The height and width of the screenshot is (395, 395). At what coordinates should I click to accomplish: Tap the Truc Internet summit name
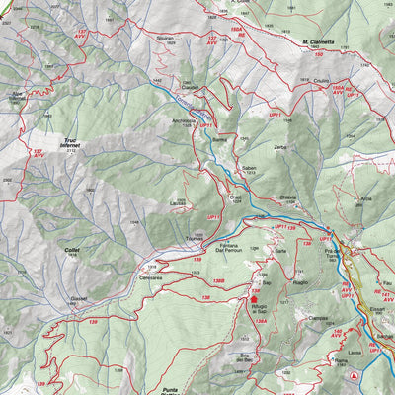point(69,143)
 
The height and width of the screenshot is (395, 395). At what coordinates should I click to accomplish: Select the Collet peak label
point(71,250)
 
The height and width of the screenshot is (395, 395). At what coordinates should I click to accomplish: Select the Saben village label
point(250,168)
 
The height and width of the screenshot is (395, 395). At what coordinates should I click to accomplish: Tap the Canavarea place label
point(151,277)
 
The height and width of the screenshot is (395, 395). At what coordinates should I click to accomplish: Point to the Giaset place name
point(79,298)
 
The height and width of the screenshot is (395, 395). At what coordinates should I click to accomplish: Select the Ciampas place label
point(317,318)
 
